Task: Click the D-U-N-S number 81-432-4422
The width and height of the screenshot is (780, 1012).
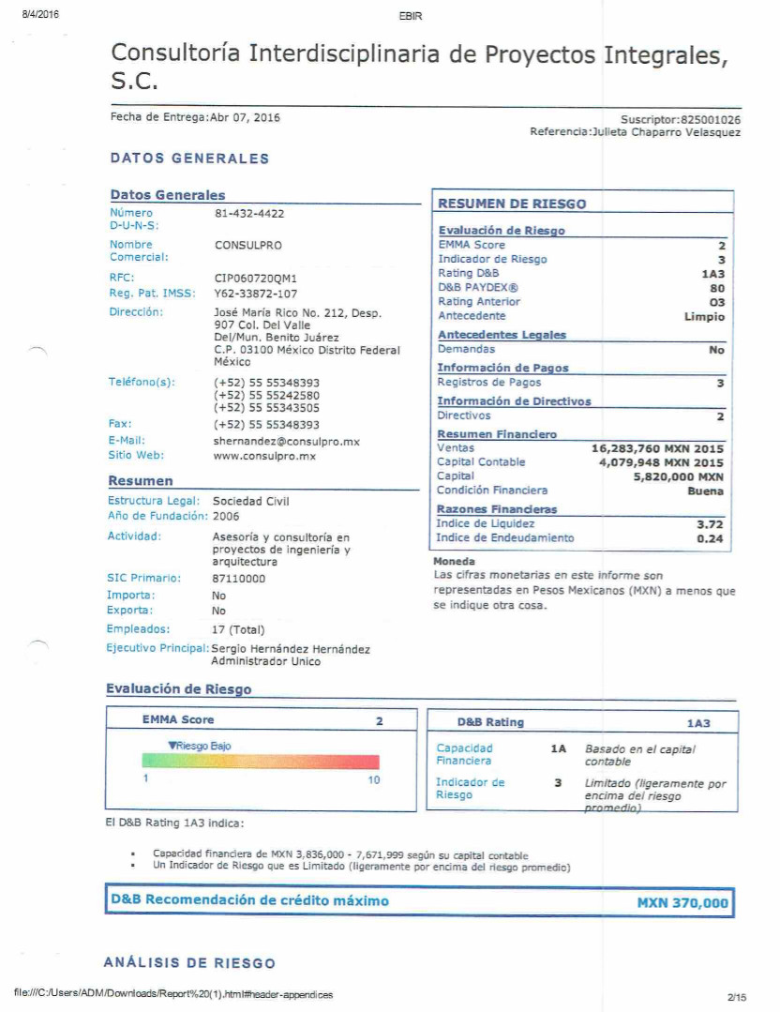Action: [x=249, y=214]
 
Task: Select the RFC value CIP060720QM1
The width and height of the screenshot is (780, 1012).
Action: [x=255, y=279]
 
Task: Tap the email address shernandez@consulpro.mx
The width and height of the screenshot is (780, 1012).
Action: [x=286, y=441]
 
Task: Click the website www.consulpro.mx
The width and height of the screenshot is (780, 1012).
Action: [x=264, y=456]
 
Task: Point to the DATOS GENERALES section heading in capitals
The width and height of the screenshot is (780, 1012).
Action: [x=189, y=159]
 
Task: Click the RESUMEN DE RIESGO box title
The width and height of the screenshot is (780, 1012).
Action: [x=512, y=204]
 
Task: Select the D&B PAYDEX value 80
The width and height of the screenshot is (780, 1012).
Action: [x=717, y=288]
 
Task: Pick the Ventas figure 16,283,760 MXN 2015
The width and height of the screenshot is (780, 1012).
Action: [x=657, y=449]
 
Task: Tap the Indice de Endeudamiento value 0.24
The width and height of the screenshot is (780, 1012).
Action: [x=711, y=538]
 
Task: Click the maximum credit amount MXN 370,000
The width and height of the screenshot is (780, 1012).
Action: [x=682, y=903]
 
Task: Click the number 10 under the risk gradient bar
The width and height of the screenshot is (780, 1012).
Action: [x=373, y=780]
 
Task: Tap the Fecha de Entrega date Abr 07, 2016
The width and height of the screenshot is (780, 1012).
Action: [x=246, y=118]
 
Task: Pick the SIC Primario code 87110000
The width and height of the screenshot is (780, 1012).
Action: [x=239, y=579]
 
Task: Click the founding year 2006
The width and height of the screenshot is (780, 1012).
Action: [x=226, y=517]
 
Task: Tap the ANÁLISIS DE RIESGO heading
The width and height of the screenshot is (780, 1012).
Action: [x=189, y=963]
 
